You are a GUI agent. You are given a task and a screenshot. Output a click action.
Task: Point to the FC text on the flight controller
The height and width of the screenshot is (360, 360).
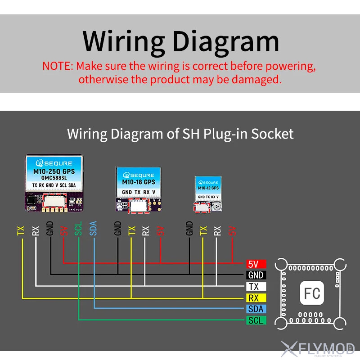click(312, 293)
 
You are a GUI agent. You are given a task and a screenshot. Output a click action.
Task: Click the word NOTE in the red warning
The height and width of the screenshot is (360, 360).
click(57, 66)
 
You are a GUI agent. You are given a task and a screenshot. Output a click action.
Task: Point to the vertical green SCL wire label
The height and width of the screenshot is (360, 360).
click(78, 229)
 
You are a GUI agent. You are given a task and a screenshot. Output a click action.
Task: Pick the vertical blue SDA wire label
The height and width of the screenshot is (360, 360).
click(94, 229)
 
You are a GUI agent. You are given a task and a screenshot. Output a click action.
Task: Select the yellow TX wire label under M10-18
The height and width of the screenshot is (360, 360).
click(131, 231)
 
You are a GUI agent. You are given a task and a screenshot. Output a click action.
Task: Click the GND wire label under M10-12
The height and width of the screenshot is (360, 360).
click(189, 229)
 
